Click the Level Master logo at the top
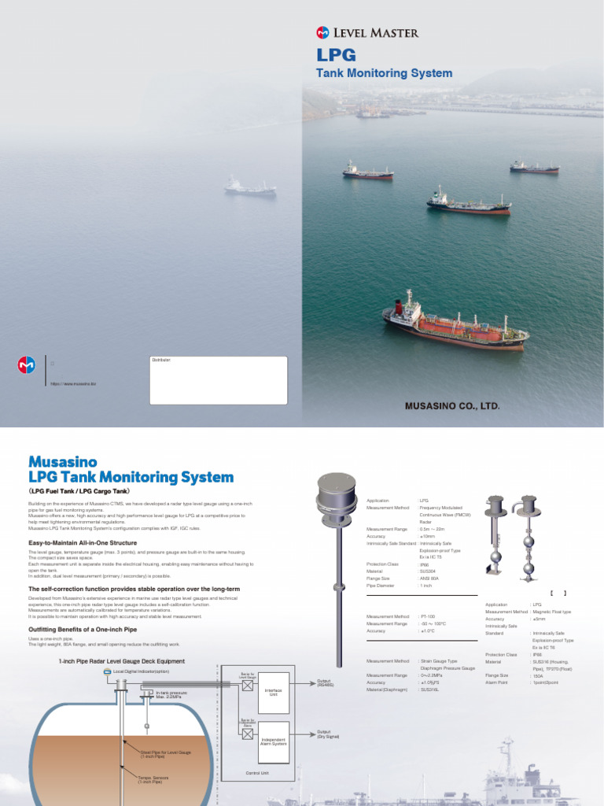click(367, 32)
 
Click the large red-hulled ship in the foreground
click(455, 322)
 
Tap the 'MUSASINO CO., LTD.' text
click(452, 406)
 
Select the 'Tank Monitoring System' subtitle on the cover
click(384, 73)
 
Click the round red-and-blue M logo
click(27, 365)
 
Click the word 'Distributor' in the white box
click(161, 360)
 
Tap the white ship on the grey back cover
click(250, 187)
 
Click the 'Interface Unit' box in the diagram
click(273, 693)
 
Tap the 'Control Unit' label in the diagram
click(258, 773)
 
